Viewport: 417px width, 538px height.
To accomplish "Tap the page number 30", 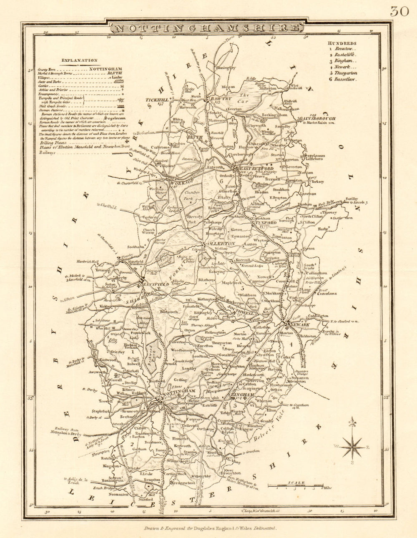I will [399, 11].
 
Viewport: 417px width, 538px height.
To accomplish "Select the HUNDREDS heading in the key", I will [342, 43].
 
